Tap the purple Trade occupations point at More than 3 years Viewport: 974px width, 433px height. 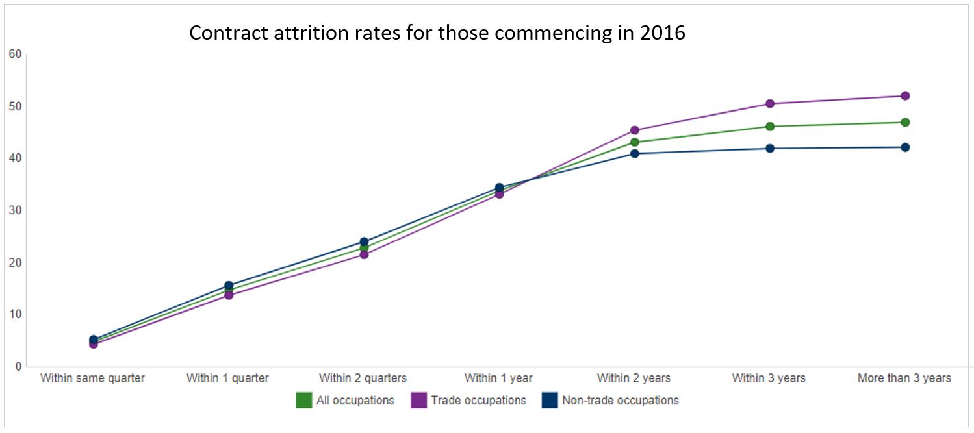click(x=904, y=96)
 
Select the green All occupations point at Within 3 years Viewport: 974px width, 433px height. click(x=769, y=127)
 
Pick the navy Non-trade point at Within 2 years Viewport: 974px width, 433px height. click(x=634, y=153)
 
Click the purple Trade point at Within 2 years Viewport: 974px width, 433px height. click(x=634, y=130)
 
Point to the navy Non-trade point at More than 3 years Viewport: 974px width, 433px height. click(x=904, y=147)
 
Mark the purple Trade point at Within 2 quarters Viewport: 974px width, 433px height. click(x=364, y=254)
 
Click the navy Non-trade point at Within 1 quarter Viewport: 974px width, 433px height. click(x=229, y=286)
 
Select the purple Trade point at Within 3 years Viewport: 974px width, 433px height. click(x=769, y=104)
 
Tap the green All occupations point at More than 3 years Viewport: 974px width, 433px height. click(x=904, y=122)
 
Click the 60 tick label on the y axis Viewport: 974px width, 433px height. click(x=15, y=54)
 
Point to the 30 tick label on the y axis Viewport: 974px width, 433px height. click(x=15, y=210)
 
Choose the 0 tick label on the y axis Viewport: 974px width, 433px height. click(x=18, y=367)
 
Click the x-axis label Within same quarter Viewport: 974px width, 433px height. click(x=92, y=378)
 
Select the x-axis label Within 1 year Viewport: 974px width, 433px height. click(x=498, y=378)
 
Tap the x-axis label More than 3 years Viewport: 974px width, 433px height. click(x=904, y=378)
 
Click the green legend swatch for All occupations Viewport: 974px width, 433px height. click(x=303, y=401)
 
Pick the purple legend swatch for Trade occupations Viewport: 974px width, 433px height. click(x=419, y=401)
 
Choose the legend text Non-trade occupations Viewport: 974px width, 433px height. click(x=620, y=401)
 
